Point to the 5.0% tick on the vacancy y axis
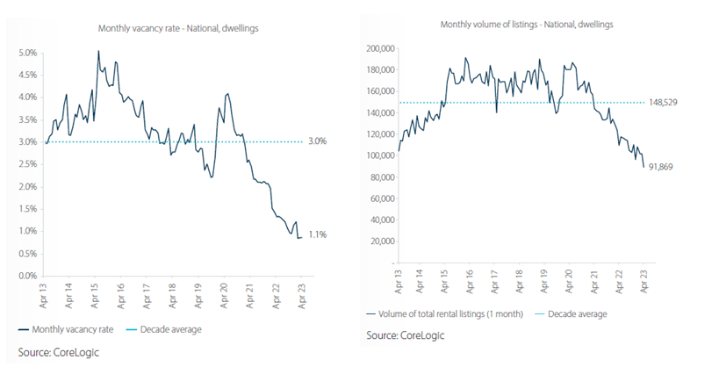tap(27, 53)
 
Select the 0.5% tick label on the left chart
tap(27, 254)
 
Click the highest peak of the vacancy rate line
tap(98, 52)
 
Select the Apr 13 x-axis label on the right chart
tap(399, 282)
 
